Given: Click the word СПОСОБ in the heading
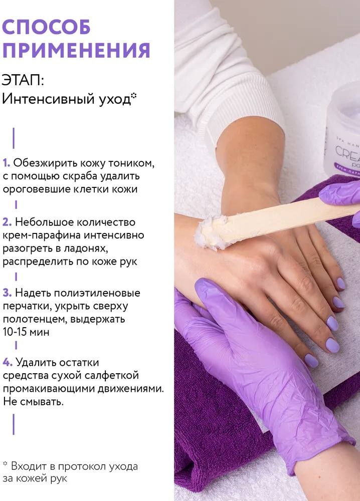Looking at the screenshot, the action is coord(46,27).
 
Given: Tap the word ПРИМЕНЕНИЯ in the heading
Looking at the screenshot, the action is coord(76,50).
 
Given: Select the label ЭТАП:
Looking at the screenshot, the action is coord(23,80).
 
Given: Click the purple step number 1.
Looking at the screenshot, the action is coord(7,163).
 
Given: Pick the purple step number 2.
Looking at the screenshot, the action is coord(7,222).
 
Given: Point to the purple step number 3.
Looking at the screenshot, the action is coord(7,293).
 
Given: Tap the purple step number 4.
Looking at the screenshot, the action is coord(8,362).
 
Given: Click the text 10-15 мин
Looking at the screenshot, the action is coord(26,332).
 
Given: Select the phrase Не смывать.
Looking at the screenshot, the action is coord(33,402).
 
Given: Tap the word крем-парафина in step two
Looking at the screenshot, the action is coord(42,235).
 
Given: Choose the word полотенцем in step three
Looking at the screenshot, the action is coord(35,319).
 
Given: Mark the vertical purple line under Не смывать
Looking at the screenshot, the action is coord(14,424).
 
